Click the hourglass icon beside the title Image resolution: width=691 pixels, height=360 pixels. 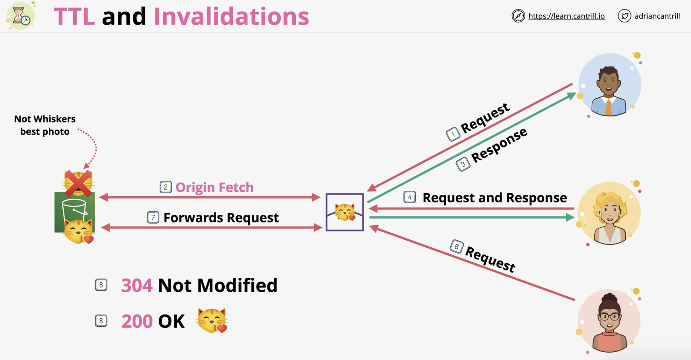pos(21,16)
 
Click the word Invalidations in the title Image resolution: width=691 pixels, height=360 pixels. pos(231,16)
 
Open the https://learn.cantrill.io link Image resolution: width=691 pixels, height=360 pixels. pos(566,16)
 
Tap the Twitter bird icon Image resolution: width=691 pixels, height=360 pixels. pos(624,16)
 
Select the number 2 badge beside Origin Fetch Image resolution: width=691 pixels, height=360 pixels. pos(166,187)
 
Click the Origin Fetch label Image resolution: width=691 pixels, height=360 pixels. pos(214,187)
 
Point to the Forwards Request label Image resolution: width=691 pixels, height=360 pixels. pos(221,217)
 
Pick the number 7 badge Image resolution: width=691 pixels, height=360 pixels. pos(153,217)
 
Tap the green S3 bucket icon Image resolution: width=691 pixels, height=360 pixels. pos(75,212)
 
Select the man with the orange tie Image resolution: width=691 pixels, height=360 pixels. pos(609,85)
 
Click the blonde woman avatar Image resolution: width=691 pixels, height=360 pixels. pos(609,213)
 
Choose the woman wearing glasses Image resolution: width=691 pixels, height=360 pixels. pos(609,321)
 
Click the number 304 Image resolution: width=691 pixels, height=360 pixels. pos(137,285)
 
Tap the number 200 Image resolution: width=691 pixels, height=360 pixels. pos(137,321)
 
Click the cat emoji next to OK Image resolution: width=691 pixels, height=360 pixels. pos(212,320)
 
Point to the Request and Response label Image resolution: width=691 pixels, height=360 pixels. pos(495,198)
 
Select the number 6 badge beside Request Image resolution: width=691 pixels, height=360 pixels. pos(457,247)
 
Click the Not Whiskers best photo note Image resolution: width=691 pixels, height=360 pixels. pos(45,125)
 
